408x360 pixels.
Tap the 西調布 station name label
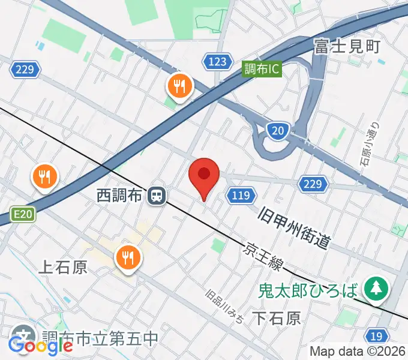(121, 195)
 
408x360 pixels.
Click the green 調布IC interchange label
(262, 69)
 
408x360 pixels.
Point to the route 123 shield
(217, 61)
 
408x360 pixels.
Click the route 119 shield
(241, 194)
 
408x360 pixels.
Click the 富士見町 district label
(347, 46)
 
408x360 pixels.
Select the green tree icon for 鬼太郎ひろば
(376, 287)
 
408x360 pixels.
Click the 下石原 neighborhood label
(276, 317)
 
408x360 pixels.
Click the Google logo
(40, 346)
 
